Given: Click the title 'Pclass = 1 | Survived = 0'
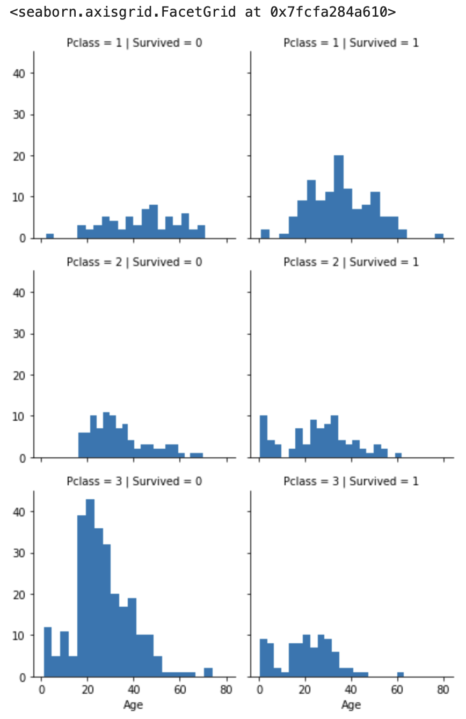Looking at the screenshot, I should pos(134,43).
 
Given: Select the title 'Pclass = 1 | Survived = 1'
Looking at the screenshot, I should pos(351,43).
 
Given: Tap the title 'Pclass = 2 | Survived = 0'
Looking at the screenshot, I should pos(134,262).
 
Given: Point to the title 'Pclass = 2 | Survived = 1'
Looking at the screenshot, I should pos(351,262).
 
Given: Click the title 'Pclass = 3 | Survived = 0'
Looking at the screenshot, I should pos(134,481).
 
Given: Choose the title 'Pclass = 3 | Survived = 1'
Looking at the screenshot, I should pos(351,481).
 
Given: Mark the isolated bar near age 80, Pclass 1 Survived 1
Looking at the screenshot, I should pos(439,236).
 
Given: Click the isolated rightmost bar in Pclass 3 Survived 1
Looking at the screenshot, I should pos(400,674).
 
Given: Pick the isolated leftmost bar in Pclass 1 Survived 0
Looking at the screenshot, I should pos(49,236).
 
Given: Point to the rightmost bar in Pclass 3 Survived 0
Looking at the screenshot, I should pos(208,672).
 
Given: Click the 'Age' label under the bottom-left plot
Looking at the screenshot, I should pos(133,704).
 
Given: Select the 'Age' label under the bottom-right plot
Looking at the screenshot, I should pos(351,704).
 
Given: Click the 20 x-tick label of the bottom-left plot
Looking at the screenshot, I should pos(88,690).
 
